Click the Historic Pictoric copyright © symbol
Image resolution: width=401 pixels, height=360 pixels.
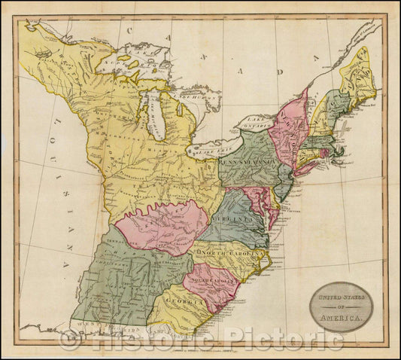[x=70, y=340]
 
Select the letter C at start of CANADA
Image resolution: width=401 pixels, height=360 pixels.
[x=129, y=30]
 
